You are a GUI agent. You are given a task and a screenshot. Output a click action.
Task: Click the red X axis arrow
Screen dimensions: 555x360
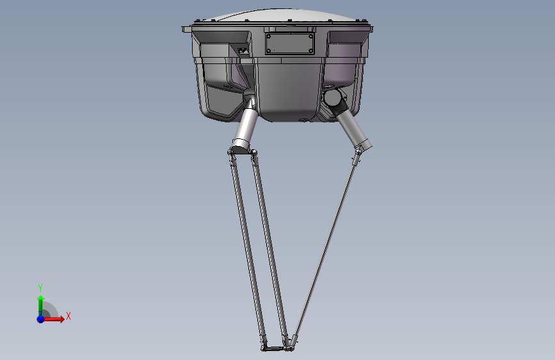pyautogui.click(x=53, y=319)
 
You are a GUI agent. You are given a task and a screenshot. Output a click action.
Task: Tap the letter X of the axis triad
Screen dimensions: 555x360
pyautogui.click(x=68, y=316)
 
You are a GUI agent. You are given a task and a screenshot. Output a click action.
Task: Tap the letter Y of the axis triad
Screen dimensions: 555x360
pyautogui.click(x=40, y=288)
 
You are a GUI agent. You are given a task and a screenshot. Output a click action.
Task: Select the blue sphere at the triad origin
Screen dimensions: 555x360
pyautogui.click(x=41, y=319)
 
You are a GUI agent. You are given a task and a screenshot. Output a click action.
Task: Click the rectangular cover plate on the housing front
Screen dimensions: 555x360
pyautogui.click(x=290, y=44)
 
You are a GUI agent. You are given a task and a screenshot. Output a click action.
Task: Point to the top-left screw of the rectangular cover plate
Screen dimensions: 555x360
pyautogui.click(x=269, y=36)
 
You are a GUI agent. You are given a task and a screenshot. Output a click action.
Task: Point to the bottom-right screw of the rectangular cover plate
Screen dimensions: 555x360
pyautogui.click(x=310, y=51)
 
